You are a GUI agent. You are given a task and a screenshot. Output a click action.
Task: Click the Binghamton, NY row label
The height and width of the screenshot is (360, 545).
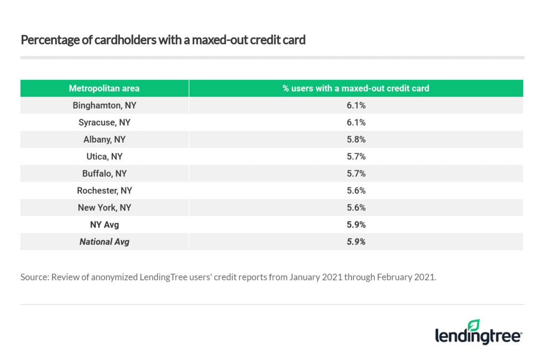[104, 105]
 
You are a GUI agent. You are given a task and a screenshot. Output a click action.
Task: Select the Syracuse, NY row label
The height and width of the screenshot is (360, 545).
[104, 122]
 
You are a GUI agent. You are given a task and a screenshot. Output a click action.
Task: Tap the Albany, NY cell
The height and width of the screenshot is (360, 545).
[104, 140]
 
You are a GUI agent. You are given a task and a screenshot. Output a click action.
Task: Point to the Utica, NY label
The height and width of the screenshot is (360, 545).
[104, 157]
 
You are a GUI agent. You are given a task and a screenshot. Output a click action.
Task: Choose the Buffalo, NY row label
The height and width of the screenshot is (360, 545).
[104, 174]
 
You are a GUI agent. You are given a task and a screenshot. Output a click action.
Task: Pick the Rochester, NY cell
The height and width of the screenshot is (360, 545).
[104, 191]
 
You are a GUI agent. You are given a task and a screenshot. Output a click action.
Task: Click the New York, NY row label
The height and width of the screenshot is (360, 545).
[104, 208]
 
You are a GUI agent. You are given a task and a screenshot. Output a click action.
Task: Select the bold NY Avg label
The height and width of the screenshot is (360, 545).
[104, 225]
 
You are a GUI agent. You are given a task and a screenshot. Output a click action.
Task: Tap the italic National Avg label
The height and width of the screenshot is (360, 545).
[104, 242]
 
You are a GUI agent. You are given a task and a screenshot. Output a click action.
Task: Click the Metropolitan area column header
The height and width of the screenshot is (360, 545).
[104, 88]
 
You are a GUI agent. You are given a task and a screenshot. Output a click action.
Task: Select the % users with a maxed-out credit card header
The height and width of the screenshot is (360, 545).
[356, 88]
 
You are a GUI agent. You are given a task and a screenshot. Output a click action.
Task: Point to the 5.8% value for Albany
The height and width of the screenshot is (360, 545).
[356, 140]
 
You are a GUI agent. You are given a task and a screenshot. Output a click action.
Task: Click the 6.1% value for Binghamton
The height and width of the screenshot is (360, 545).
[356, 105]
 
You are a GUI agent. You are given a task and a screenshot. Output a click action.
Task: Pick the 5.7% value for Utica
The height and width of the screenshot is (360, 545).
[356, 157]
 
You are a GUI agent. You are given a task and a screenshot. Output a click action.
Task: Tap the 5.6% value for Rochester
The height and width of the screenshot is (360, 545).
[356, 191]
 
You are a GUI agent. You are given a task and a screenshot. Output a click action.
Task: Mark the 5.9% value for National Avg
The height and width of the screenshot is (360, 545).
[356, 242]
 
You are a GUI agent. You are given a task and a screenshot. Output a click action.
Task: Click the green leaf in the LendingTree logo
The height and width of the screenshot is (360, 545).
[473, 324]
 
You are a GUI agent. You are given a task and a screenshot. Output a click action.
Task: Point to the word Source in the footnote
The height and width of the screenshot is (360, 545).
[34, 277]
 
